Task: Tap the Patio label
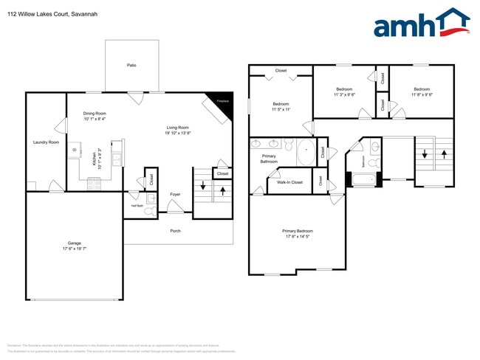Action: coord(131,66)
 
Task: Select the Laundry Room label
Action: coord(46,142)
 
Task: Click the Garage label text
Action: coord(74,245)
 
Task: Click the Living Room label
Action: coord(178,130)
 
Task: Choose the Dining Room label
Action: coord(95,116)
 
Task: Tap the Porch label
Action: coord(175,231)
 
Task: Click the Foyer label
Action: coord(175,195)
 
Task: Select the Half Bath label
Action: coord(137,206)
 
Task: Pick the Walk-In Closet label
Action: coord(289,182)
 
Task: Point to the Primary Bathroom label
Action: coord(269,159)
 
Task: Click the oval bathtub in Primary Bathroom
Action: coord(306,153)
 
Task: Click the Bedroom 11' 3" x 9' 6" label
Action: coord(344,91)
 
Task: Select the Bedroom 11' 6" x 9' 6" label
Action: coord(421,91)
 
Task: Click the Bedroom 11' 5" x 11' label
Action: coord(281,106)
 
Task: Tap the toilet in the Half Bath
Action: coord(150,211)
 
